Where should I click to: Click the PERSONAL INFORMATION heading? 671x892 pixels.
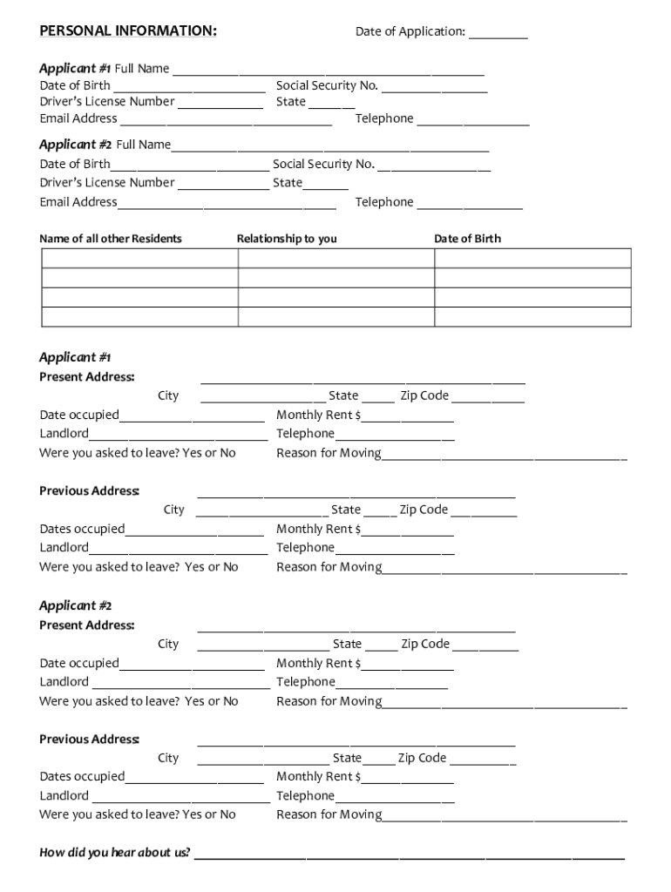click(128, 31)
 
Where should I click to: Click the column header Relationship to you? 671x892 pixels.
click(287, 239)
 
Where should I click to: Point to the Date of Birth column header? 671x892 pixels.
click(468, 239)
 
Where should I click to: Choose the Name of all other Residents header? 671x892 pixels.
click(111, 239)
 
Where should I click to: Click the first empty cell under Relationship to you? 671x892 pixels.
click(335, 258)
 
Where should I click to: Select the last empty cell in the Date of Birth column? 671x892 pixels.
click(532, 317)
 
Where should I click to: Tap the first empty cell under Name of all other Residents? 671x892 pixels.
click(139, 258)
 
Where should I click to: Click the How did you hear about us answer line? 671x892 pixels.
click(409, 856)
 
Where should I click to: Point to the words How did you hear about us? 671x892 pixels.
click(115, 853)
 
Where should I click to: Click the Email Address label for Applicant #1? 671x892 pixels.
click(78, 118)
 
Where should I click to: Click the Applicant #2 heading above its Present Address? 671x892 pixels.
click(75, 605)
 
